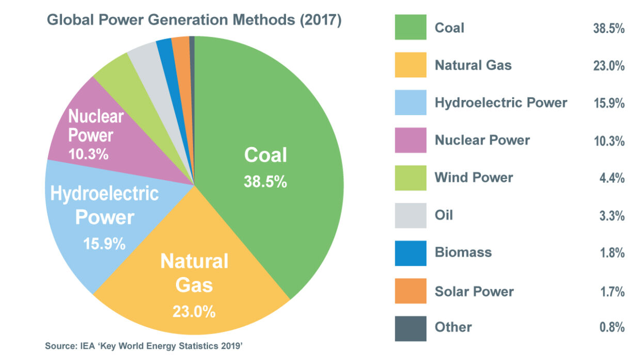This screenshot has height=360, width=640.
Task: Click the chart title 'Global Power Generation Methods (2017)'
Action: pyautogui.click(x=194, y=21)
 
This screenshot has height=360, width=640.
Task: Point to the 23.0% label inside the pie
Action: pyautogui.click(x=195, y=312)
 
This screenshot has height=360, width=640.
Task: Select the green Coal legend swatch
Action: pyautogui.click(x=410, y=27)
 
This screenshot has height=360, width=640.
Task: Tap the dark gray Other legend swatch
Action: pyautogui.click(x=410, y=328)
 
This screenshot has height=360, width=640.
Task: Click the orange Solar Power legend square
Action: pyautogui.click(x=410, y=291)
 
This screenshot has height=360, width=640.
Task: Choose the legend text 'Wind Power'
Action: pyautogui.click(x=473, y=178)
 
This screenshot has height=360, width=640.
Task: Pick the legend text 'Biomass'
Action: pyautogui.click(x=463, y=253)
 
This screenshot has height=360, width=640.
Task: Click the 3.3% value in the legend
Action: pyautogui.click(x=612, y=216)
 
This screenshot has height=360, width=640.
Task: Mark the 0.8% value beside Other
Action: pyautogui.click(x=612, y=328)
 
